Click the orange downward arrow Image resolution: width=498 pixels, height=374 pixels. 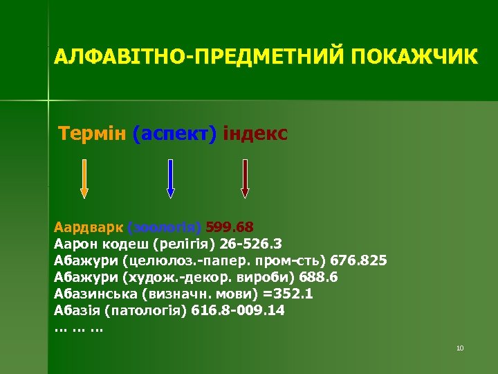84,179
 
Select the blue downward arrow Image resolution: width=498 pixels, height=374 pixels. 170,179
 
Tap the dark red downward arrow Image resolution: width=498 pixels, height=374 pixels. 244,179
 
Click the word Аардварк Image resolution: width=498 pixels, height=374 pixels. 89,226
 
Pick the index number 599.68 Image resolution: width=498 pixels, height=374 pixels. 230,226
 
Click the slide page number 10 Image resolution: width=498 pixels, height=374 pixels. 460,348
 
